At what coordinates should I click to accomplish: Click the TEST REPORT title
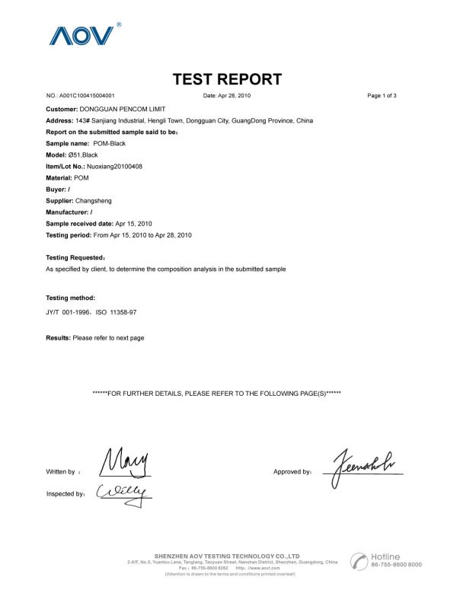228,79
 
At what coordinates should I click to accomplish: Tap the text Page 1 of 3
382,96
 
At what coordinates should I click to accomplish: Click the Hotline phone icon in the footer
358,561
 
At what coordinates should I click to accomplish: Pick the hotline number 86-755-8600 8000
396,566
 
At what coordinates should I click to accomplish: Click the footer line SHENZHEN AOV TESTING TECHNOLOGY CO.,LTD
227,556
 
